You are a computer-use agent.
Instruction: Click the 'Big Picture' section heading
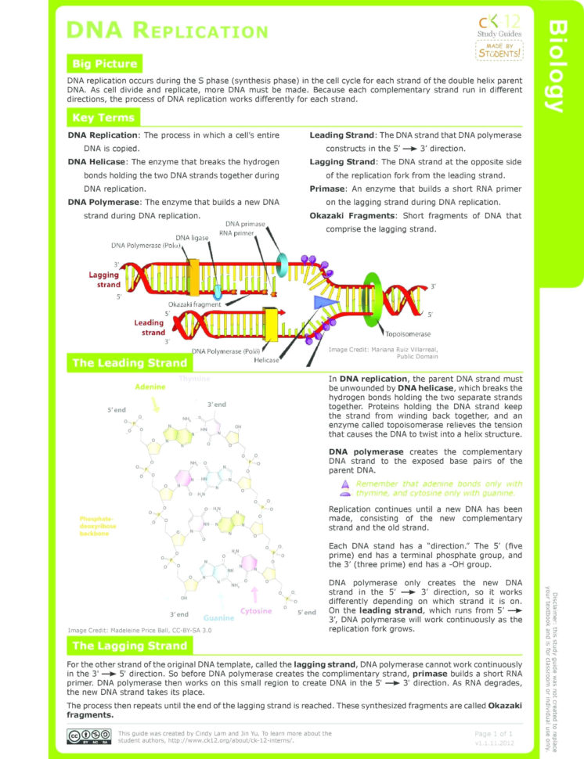(104, 64)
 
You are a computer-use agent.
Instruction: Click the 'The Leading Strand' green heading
(129, 363)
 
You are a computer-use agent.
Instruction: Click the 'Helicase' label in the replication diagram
(267, 360)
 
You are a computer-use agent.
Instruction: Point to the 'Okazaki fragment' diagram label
(191, 304)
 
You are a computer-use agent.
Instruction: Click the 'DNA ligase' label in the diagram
(193, 237)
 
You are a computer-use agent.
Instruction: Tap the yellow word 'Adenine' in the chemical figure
(150, 387)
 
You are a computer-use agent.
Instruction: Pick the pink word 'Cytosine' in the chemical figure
(256, 611)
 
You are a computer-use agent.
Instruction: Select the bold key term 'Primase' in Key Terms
(328, 189)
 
